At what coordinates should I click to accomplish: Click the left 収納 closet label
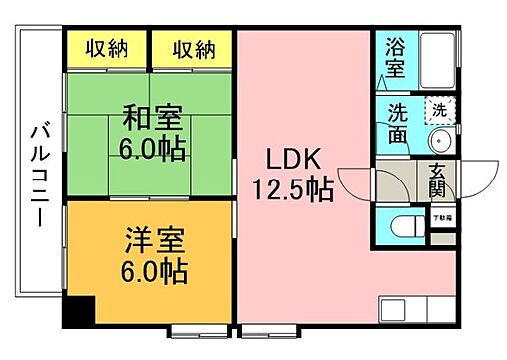105,47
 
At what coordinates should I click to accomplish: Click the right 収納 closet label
193,47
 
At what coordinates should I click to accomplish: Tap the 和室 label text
152,119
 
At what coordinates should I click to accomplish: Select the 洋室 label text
152,240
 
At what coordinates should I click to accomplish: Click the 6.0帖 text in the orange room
152,271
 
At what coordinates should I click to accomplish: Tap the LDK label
291,157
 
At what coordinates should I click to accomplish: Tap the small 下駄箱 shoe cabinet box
439,214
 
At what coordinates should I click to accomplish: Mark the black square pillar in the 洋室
77,311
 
